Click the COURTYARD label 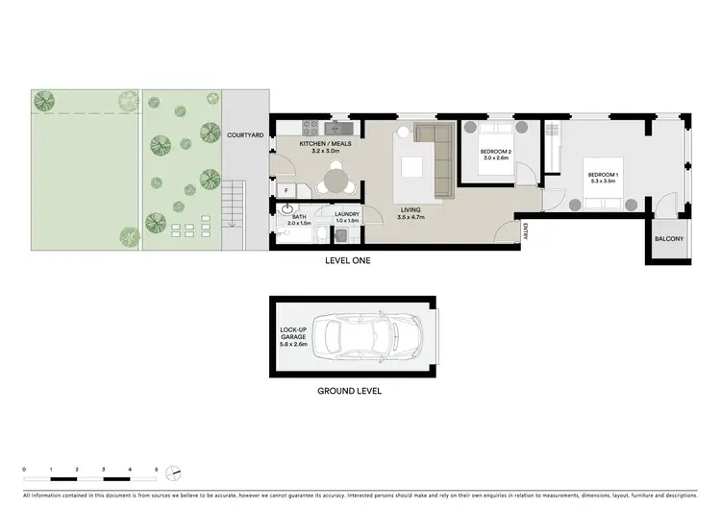[x=245, y=136]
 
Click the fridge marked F [x=287, y=191]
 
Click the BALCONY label [x=669, y=239]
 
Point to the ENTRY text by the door [x=528, y=230]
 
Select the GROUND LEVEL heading [x=350, y=391]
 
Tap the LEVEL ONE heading [x=347, y=260]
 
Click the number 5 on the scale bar [x=157, y=469]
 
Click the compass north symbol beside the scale [x=174, y=472]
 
